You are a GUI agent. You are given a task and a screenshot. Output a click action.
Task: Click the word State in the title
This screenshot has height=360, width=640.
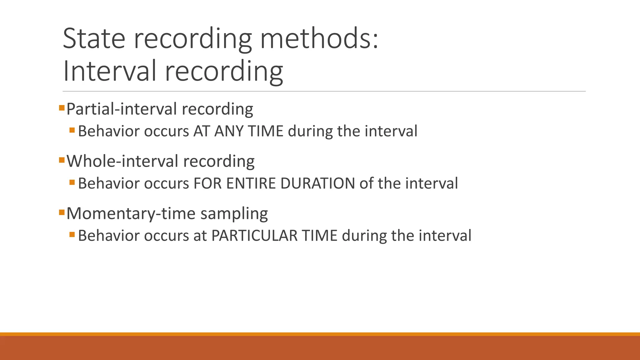click(x=94, y=39)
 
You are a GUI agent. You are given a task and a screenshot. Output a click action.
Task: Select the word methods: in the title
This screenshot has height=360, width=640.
click(x=319, y=39)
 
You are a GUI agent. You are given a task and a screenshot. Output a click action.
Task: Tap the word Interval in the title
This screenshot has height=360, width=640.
click(x=109, y=71)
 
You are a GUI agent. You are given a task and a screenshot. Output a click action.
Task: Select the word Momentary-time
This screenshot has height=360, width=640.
click(x=131, y=214)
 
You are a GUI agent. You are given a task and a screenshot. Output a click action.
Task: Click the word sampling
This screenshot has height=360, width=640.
click(x=234, y=214)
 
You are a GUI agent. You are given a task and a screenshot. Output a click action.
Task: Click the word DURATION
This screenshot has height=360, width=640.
click(x=317, y=183)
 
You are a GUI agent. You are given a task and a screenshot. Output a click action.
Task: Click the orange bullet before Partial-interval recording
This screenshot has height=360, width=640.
click(x=62, y=108)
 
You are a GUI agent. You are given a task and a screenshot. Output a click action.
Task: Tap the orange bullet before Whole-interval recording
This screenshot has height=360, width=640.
click(x=62, y=161)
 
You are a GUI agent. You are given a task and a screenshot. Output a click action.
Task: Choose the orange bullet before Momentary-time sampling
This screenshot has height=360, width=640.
click(x=62, y=213)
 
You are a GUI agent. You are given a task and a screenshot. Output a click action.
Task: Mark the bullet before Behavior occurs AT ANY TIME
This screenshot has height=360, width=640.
click(x=72, y=130)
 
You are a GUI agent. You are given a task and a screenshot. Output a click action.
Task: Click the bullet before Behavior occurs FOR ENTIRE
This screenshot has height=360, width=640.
click(x=72, y=182)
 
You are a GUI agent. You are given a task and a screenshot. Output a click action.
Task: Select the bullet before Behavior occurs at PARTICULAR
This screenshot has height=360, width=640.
click(x=72, y=234)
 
